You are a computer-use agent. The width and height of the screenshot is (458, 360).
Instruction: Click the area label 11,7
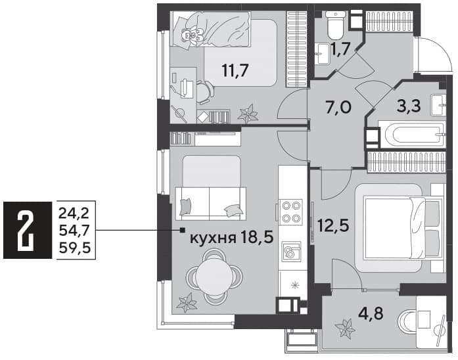235,70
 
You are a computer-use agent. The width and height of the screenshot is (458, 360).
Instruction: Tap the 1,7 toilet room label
340,49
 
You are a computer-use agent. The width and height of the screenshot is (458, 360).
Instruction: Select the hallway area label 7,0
338,108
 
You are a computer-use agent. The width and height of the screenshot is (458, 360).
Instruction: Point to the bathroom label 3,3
409,106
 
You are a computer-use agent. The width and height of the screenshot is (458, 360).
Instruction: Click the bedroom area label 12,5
333,225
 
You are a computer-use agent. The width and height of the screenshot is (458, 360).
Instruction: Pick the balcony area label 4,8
371,314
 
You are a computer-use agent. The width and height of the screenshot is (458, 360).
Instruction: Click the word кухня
213,238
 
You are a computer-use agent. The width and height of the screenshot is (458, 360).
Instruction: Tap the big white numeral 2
26,231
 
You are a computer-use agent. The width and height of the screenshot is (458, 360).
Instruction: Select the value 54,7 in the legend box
75,231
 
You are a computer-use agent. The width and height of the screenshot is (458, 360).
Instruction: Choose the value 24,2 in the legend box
74,214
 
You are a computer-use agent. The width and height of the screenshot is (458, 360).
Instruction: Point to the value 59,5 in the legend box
75,248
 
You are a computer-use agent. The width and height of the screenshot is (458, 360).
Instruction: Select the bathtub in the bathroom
413,135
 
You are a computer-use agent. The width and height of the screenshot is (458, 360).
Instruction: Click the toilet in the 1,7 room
335,25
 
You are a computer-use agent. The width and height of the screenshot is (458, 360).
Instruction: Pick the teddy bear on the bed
191,35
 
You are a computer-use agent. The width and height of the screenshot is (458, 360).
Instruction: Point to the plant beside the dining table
186,303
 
